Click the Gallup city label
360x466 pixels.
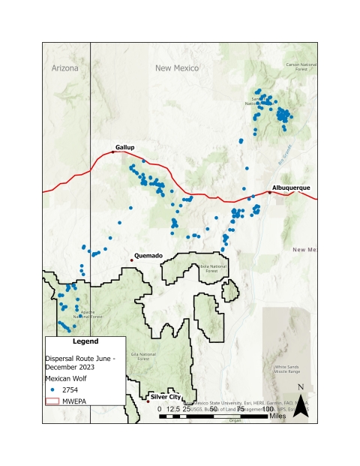tap(124, 146)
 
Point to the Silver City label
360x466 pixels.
tap(166, 395)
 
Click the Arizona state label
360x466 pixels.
tap(65, 68)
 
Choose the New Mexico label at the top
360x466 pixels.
tap(177, 68)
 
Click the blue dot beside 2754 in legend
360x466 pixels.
tap(54, 390)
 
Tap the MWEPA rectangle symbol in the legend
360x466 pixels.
tap(54, 402)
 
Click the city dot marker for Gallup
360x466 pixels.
tap(113, 152)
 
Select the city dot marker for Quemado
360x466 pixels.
tap(132, 260)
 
